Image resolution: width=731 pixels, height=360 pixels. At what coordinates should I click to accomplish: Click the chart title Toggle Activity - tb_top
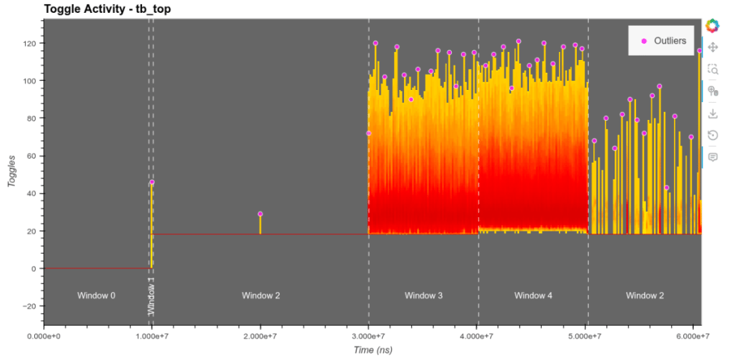coord(107,9)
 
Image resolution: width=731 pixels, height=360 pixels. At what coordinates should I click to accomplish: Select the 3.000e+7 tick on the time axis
coord(369,336)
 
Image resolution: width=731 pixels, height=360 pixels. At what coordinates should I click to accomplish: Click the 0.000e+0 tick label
coord(44,336)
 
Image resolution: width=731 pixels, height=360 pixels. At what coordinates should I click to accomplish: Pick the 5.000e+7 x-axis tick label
coord(588,336)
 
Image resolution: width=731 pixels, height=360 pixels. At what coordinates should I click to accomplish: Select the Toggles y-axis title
coord(11,171)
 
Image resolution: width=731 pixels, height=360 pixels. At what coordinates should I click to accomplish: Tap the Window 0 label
coord(96,295)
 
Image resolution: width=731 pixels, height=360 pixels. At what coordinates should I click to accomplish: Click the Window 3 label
coord(424,295)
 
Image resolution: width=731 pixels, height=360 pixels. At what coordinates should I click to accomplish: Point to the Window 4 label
coord(533,295)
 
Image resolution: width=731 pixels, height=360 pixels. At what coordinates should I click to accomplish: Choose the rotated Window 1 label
coord(151,296)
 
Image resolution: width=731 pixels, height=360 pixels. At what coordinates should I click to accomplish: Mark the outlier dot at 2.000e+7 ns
coord(260,214)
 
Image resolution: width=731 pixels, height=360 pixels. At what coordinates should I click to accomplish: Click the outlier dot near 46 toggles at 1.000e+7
coord(152,182)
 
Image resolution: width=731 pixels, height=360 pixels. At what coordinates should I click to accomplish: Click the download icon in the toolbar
coord(712,114)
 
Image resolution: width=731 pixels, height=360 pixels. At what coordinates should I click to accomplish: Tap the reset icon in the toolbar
coord(712,135)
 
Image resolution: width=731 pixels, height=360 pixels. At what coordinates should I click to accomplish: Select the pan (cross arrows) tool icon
coord(712,47)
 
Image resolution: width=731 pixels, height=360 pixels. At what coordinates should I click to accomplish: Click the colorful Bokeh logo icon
coord(712,26)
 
